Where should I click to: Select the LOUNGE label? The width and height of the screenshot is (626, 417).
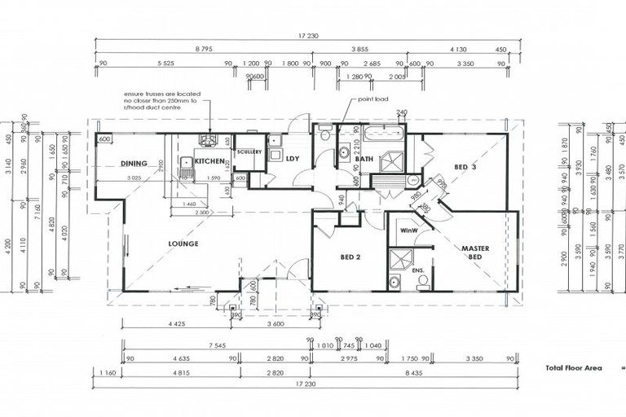(184, 244)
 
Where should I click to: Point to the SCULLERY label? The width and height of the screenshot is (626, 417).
(248, 152)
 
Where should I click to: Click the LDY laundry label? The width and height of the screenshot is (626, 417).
(292, 159)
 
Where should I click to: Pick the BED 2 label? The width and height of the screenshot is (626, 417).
(350, 257)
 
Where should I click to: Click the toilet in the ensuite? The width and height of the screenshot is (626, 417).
(422, 282)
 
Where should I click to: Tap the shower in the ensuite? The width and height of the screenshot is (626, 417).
(401, 258)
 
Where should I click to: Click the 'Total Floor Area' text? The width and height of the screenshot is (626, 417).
(573, 367)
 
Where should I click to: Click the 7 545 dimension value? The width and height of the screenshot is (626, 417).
(216, 345)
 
